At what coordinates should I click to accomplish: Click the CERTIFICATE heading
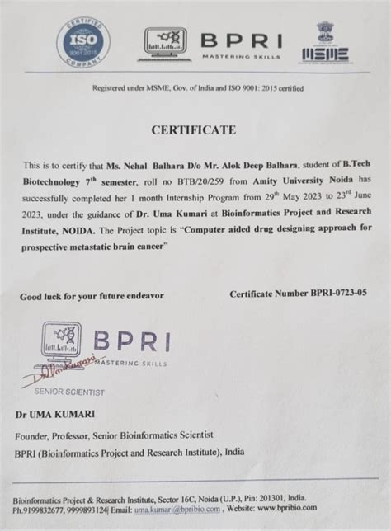(x=193, y=129)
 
